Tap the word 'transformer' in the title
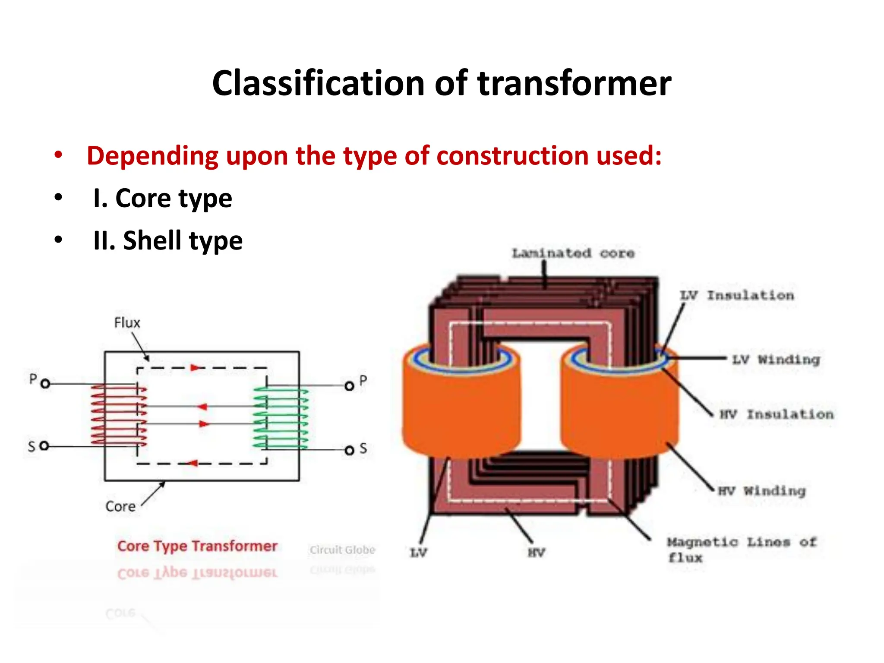(x=574, y=83)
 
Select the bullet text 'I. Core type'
(x=162, y=199)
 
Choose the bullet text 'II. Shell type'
(x=168, y=240)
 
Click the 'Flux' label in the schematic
(x=127, y=323)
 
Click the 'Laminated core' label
(x=573, y=253)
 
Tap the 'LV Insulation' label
(x=737, y=296)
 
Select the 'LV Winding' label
(x=776, y=360)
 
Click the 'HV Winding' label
(x=761, y=491)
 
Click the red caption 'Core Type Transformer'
(x=197, y=546)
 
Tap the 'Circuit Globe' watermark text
(x=342, y=550)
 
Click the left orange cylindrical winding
(x=461, y=410)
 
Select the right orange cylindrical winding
(x=619, y=410)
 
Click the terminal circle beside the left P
(x=45, y=384)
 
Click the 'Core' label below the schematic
(x=120, y=506)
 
